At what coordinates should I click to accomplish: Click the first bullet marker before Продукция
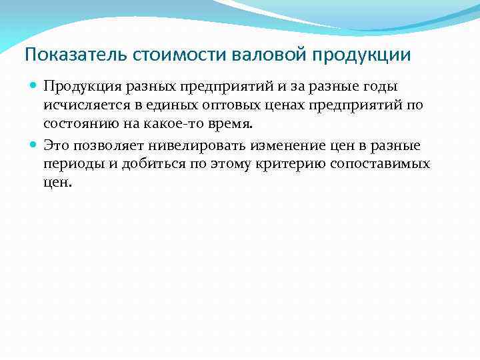click(x=33, y=86)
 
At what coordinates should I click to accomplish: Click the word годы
click(x=383, y=86)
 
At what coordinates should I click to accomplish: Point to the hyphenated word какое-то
click(x=173, y=125)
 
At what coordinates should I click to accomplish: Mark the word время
click(x=229, y=125)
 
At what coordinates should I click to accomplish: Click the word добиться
click(x=152, y=163)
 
